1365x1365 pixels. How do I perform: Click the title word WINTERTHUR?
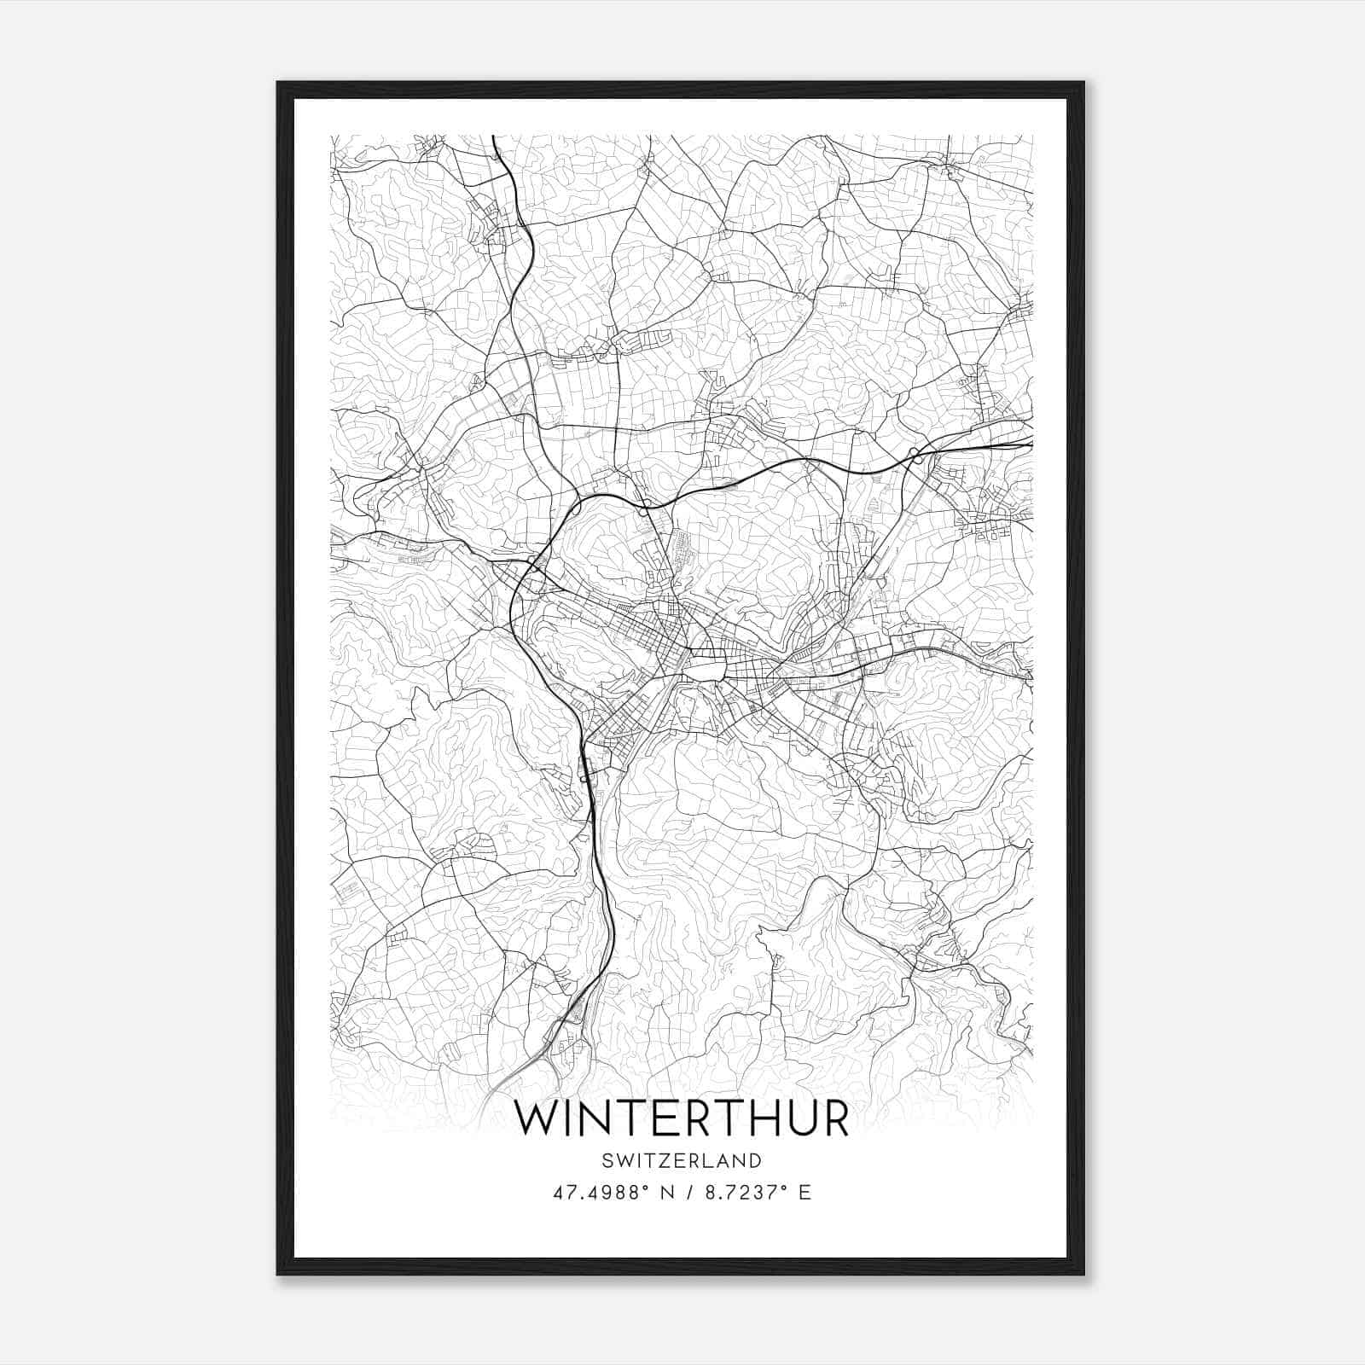682,1118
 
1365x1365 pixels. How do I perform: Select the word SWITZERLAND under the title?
682,1160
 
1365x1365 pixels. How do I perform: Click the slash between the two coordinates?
686,1193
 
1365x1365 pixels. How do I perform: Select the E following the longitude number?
805,1193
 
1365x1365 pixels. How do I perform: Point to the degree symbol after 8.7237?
785,1188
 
